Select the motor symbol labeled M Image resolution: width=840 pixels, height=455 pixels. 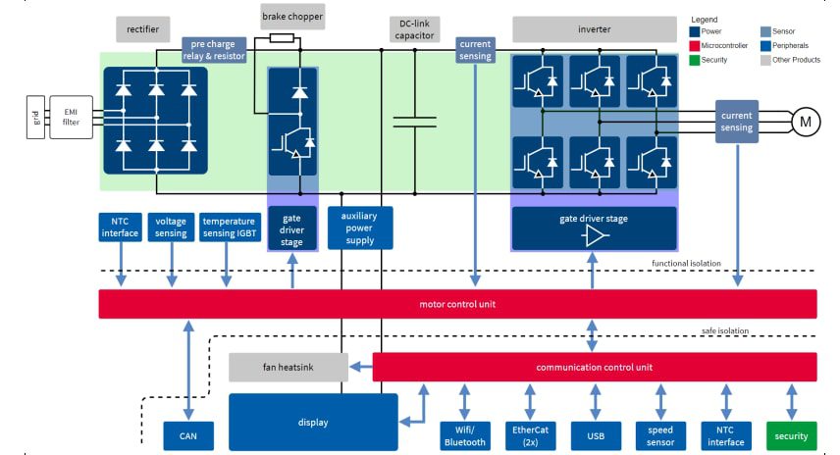click(806, 122)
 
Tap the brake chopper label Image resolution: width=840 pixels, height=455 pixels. click(292, 17)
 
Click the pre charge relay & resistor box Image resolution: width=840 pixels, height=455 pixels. click(214, 50)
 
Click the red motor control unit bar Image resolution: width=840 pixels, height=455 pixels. click(457, 304)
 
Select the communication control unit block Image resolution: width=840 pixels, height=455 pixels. click(595, 368)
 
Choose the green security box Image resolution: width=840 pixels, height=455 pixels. click(791, 435)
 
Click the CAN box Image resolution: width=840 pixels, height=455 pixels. click(187, 435)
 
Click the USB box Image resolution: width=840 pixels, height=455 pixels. click(595, 435)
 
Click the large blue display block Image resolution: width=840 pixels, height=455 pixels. click(313, 423)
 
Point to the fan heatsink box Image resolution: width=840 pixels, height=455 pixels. click(289, 368)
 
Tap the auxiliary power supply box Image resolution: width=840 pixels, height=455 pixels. click(360, 227)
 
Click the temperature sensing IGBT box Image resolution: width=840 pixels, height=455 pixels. click(228, 227)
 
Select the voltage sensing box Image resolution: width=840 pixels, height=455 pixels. click(171, 227)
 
